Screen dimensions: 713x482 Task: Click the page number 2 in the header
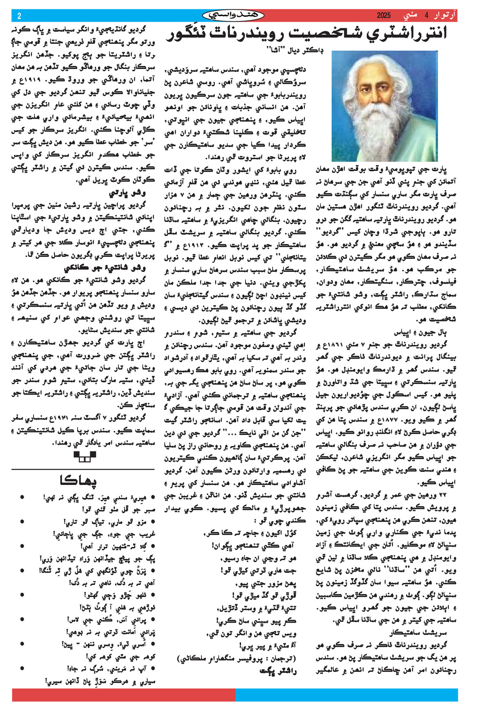coord(19,16)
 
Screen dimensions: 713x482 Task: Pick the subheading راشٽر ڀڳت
coord(278,671)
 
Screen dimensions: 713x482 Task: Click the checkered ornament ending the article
coord(85,456)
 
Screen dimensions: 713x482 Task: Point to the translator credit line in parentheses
coord(237,658)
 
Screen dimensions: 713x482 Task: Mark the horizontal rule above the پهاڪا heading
coord(83,469)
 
